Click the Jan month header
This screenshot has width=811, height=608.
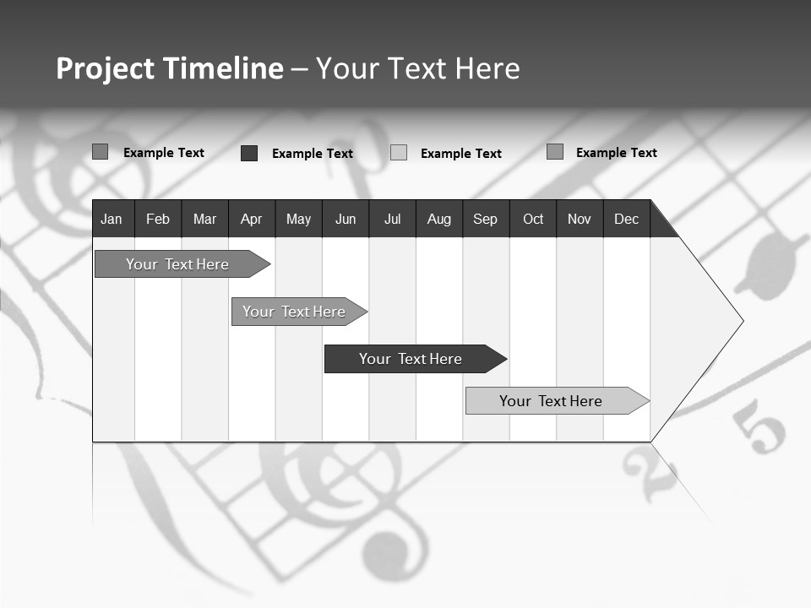pos(112,219)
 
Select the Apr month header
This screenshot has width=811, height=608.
pos(251,219)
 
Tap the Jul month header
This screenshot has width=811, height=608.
pos(392,219)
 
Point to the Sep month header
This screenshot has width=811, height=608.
pos(485,219)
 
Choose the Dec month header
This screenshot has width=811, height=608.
pos(626,219)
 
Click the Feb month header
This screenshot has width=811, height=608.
pos(158,219)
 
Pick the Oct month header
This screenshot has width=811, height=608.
pos(533,219)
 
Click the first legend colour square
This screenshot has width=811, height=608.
pos(101,152)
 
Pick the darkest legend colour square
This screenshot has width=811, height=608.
pos(249,153)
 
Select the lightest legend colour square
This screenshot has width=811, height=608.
pos(399,153)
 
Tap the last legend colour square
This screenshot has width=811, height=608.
pos(555,152)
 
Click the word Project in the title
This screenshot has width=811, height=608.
pos(104,68)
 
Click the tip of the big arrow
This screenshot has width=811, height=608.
pos(742,321)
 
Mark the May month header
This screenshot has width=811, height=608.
pos(298,219)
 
